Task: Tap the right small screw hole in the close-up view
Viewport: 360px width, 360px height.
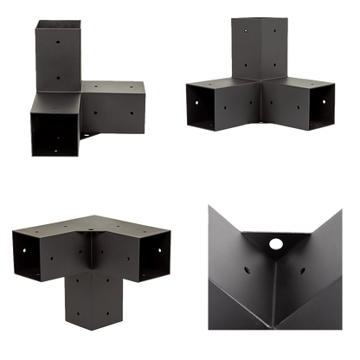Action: tap(297, 254)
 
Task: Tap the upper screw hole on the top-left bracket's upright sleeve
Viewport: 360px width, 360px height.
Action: tap(57, 40)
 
